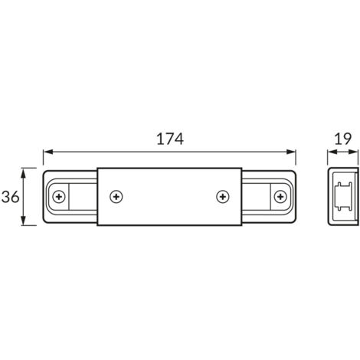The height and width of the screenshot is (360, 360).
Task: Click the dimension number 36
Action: [x=11, y=197]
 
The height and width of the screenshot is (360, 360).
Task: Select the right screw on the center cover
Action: [x=222, y=197]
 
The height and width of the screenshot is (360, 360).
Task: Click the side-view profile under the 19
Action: [x=342, y=197]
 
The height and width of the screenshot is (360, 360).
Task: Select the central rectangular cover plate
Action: [x=169, y=197]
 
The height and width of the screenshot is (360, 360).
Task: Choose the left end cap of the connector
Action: [x=69, y=197]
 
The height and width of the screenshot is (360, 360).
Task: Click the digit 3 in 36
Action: [x=6, y=197]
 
